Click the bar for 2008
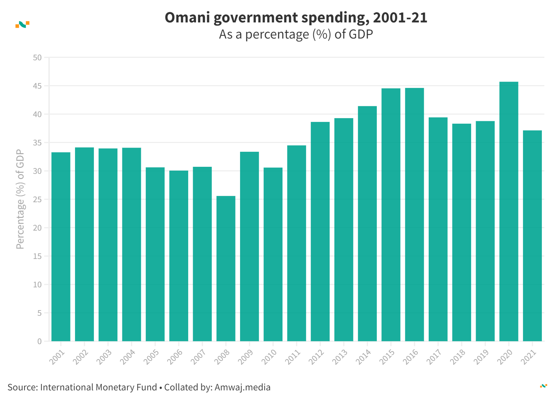click(x=226, y=268)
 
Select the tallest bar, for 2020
click(x=509, y=211)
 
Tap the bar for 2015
click(x=391, y=214)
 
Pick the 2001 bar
click(x=61, y=246)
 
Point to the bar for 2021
click(x=532, y=235)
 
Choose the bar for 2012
click(x=320, y=231)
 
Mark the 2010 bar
click(x=273, y=254)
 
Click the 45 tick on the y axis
click(x=37, y=86)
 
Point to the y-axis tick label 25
click(x=37, y=200)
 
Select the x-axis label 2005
click(x=152, y=357)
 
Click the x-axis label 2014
click(x=364, y=357)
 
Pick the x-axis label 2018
click(x=458, y=357)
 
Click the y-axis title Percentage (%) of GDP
click(x=20, y=199)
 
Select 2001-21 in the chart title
click(x=400, y=18)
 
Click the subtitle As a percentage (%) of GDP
click(x=296, y=34)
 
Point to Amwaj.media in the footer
click(x=243, y=387)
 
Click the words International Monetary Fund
click(x=98, y=387)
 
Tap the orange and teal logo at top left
click(x=22, y=25)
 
